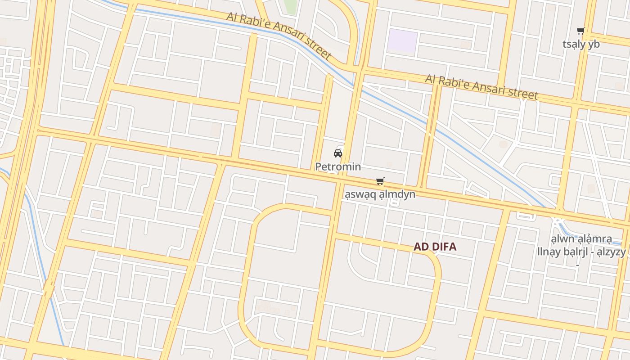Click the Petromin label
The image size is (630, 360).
[338, 166]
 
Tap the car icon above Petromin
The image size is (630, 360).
[338, 153]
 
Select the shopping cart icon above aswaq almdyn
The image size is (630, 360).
[380, 181]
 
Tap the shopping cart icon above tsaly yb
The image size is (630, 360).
[581, 31]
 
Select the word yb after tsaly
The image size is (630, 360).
[594, 44]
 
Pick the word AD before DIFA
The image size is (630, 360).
[420, 247]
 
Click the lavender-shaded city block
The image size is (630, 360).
[403, 41]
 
